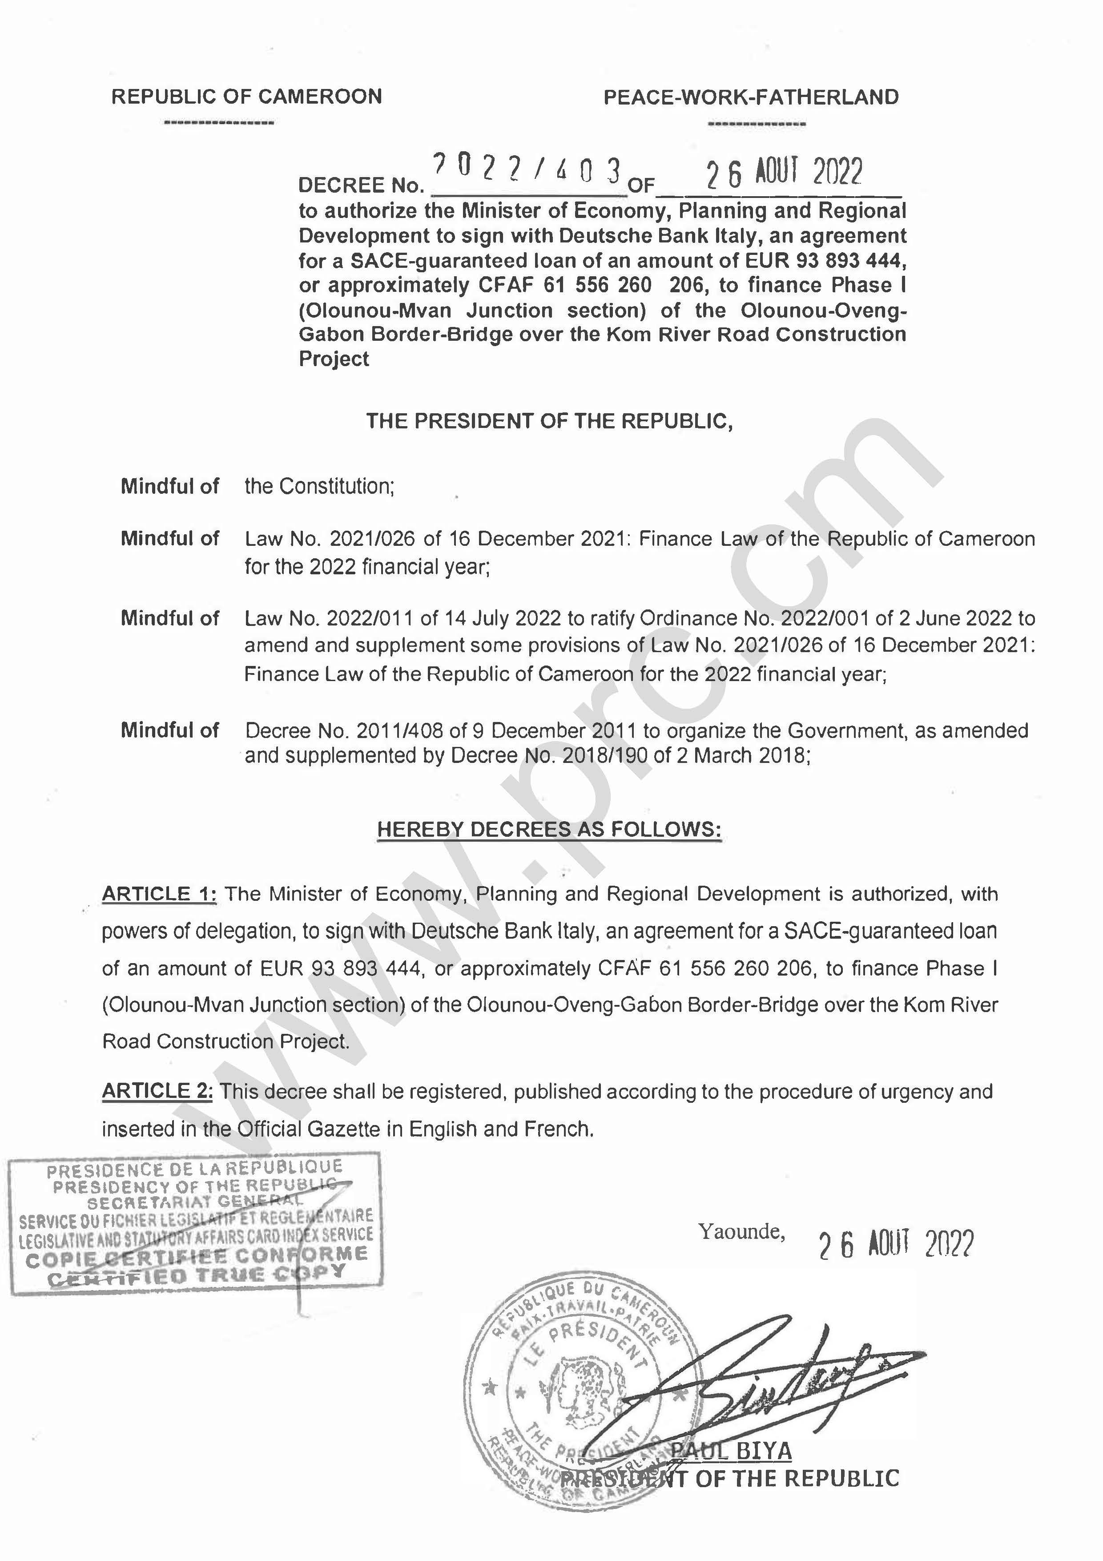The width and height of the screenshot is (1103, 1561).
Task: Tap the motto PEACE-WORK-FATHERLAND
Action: [x=751, y=97]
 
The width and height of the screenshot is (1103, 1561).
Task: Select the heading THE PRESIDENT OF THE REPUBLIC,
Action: [x=549, y=422]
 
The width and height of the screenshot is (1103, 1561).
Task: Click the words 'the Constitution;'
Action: [x=319, y=486]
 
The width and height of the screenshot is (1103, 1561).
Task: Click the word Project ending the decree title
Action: [x=334, y=359]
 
